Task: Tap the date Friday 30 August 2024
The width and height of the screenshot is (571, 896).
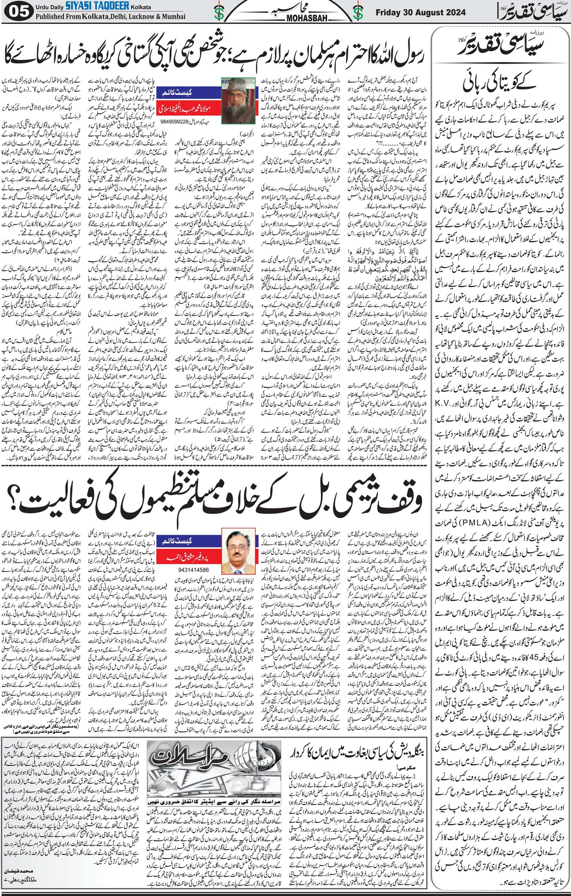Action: click(420, 12)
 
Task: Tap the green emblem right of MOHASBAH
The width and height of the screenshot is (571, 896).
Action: click(358, 12)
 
